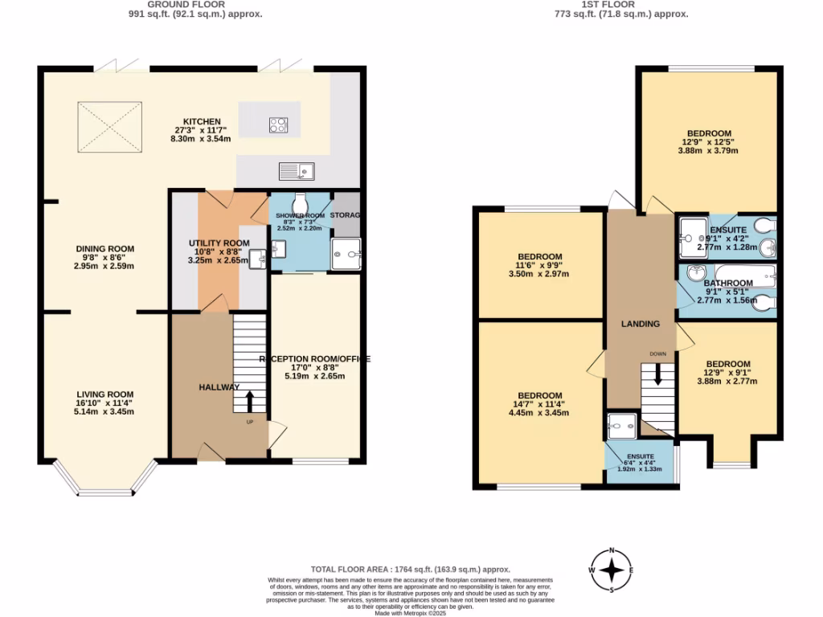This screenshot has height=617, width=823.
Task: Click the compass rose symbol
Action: (612, 570)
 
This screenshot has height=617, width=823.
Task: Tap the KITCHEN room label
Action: (202, 121)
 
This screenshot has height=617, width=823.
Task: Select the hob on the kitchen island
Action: (279, 125)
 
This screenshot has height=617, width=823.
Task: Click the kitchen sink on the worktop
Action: (297, 170)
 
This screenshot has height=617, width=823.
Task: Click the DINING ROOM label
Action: (104, 249)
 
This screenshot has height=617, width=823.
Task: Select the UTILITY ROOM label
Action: (219, 243)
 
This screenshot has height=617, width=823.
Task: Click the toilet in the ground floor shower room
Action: (300, 201)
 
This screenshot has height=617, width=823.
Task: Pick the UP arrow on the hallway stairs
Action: (249, 399)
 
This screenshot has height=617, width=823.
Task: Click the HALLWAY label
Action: (219, 387)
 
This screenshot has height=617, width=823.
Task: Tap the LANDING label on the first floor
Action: (641, 324)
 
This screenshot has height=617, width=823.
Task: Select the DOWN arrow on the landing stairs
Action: (657, 374)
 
